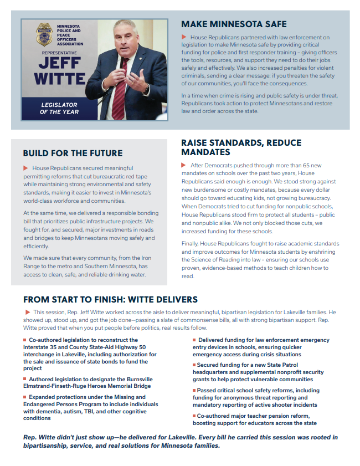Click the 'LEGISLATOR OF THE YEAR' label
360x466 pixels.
coord(59,108)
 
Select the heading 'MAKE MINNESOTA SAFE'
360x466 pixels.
coord(234,24)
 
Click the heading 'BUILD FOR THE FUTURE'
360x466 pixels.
coord(73,153)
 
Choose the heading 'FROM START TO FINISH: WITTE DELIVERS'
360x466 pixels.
coord(110,300)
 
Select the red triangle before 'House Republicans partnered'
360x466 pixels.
coord(184,37)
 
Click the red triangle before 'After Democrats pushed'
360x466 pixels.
coord(184,166)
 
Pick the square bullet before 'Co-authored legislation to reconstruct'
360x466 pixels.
coord(25,339)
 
